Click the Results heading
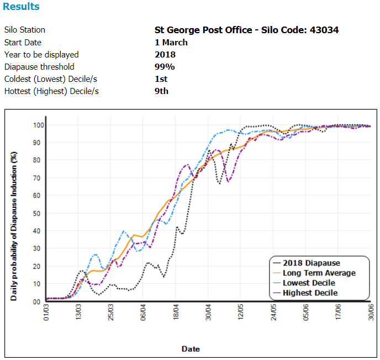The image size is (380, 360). click(x=21, y=7)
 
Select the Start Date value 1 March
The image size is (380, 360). click(x=171, y=42)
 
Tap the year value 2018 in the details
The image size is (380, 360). click(x=165, y=54)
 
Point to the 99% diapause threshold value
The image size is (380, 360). click(x=165, y=66)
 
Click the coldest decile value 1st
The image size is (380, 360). click(x=161, y=79)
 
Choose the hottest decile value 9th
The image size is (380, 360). click(x=161, y=91)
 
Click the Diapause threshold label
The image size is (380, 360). click(x=39, y=66)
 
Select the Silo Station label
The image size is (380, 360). click(x=24, y=30)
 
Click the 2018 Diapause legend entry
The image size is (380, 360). click(x=311, y=263)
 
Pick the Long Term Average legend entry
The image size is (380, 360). click(x=319, y=273)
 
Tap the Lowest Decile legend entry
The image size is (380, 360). click(x=309, y=283)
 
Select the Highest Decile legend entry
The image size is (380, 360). click(x=310, y=293)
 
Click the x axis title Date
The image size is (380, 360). click(x=191, y=349)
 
